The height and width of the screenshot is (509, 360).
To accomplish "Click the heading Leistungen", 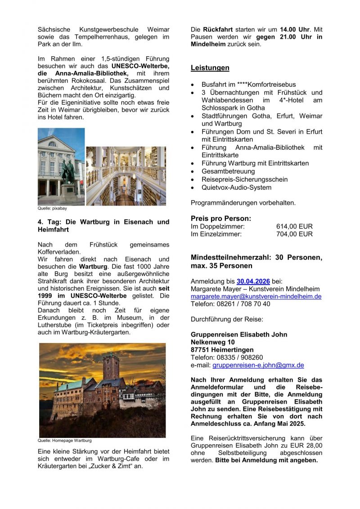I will (x=210, y=68).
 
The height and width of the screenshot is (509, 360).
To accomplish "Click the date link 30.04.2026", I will (x=253, y=281).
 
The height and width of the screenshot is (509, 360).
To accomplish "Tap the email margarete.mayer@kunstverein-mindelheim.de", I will (x=256, y=296).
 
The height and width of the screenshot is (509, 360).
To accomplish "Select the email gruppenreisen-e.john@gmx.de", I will (x=258, y=365).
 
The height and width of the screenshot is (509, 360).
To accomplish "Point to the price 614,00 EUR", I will (x=294, y=226).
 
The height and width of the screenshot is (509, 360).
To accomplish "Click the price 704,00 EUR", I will (x=294, y=234).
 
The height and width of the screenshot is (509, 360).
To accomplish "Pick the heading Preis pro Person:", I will (x=220, y=219).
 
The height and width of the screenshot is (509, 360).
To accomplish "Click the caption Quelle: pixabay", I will (x=49, y=209).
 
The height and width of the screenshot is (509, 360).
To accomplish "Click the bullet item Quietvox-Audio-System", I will (x=236, y=188).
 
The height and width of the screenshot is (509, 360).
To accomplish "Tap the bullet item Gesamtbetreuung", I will (x=228, y=171).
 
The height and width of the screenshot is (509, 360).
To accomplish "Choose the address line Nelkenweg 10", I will (x=212, y=342).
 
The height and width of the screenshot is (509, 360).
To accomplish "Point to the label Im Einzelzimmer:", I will (x=216, y=234).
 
